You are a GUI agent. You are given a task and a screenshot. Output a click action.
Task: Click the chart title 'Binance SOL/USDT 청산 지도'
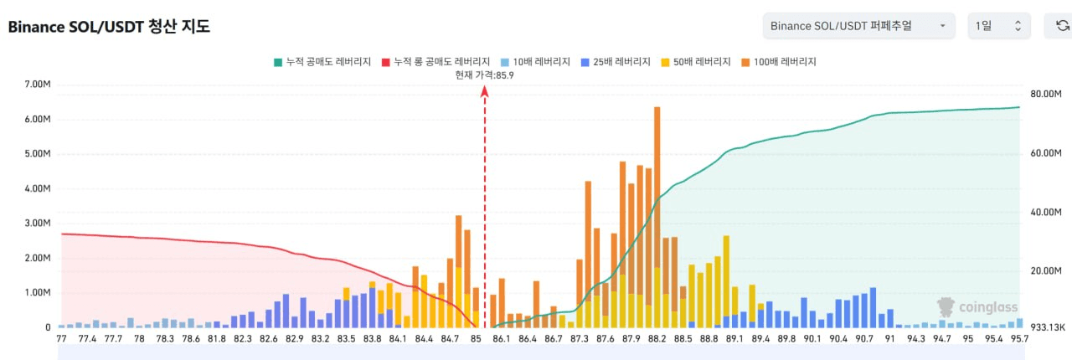pos(109,27)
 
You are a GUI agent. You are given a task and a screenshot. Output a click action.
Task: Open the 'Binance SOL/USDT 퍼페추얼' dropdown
pos(858,26)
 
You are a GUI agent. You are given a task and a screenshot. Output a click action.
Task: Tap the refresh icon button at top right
pos(1058,26)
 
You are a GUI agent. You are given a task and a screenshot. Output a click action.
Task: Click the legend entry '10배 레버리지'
pos(536,62)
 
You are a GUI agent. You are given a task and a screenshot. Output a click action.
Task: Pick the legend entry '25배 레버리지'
pos(616,62)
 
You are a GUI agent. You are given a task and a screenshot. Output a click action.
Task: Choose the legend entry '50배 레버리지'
pos(696,62)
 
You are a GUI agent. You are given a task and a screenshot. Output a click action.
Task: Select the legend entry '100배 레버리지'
pos(779,62)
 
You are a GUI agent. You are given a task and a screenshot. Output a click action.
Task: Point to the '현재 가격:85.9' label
pos(484,75)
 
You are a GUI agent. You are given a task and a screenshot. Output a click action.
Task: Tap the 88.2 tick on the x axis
pos(657,339)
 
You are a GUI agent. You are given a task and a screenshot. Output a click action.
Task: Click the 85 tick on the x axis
pos(476,339)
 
